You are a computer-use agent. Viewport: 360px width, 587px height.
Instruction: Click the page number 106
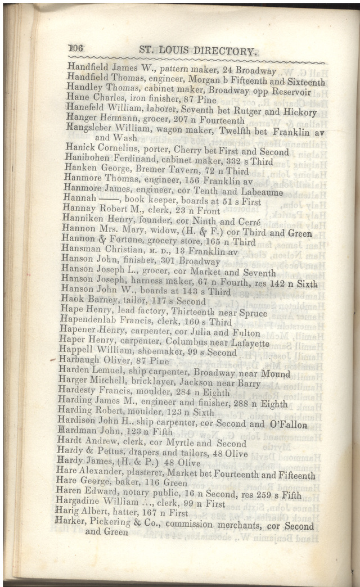pos(75,48)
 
